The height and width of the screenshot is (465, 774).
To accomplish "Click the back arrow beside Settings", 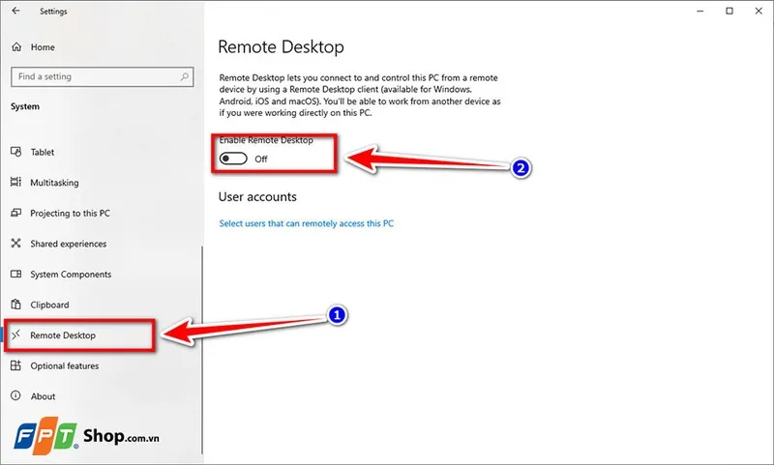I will point(15,12).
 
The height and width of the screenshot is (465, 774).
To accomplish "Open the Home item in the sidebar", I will point(42,46).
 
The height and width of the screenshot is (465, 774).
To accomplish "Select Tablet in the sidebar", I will point(42,152).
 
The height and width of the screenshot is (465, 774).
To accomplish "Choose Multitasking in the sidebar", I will point(54,183).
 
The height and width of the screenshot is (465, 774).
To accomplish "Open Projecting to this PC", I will point(70,213).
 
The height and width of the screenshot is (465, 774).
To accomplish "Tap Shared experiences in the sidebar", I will point(68,244).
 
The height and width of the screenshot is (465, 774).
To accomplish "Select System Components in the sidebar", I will point(71,275).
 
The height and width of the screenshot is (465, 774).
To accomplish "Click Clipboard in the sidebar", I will point(49,305).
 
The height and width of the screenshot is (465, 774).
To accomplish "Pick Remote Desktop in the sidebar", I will point(63,335).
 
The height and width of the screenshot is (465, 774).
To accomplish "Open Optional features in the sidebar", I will point(64,365).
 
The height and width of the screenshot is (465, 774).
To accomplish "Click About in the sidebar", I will point(43,396).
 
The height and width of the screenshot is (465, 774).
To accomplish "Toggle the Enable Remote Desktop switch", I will point(232,159).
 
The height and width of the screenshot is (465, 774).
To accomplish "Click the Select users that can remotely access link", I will point(307,223).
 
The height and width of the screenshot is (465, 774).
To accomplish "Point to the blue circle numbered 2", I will point(521,168).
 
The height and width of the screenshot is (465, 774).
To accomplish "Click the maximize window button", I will point(729,12).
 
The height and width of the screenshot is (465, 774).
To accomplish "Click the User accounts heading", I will point(257,196).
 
